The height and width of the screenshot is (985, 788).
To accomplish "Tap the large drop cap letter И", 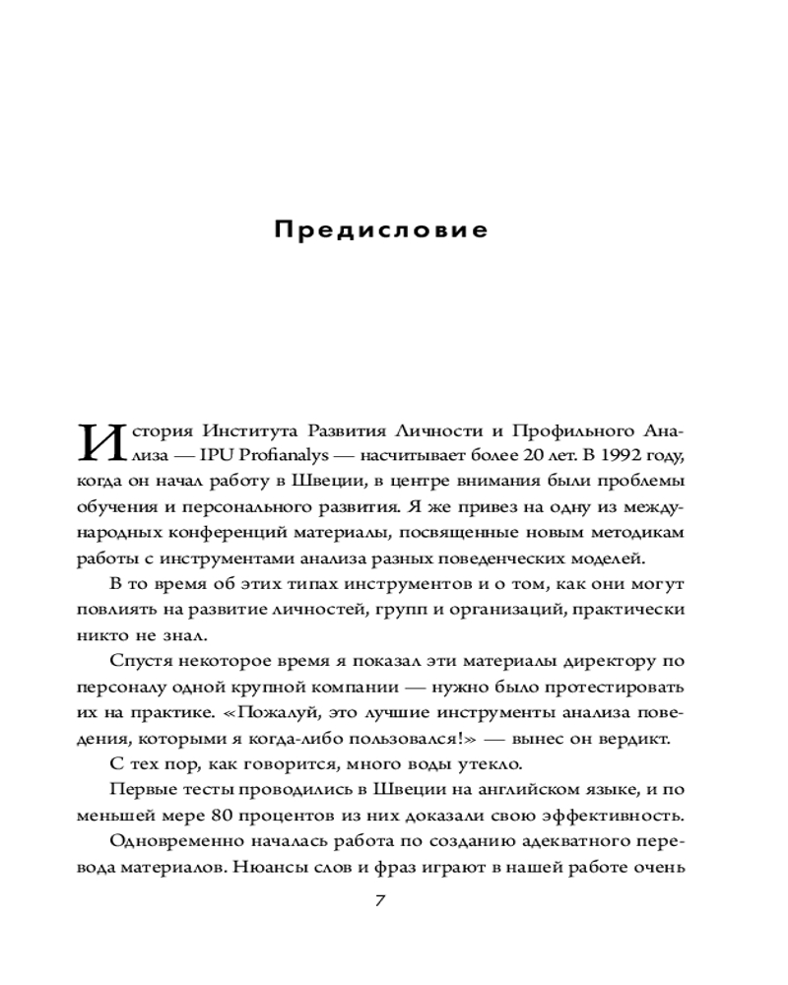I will coord(102,443).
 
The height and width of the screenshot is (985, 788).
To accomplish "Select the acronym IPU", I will coord(216,457).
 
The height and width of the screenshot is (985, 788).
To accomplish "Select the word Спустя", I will coord(141,661).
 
